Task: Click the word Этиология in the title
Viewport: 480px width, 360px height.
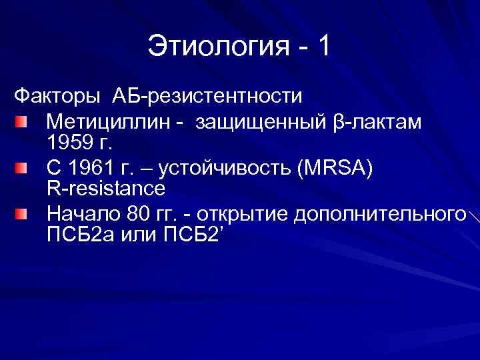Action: [x=216, y=48]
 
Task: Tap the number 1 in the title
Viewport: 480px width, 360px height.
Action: [x=323, y=48]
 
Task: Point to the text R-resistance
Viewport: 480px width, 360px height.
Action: [x=106, y=189]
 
